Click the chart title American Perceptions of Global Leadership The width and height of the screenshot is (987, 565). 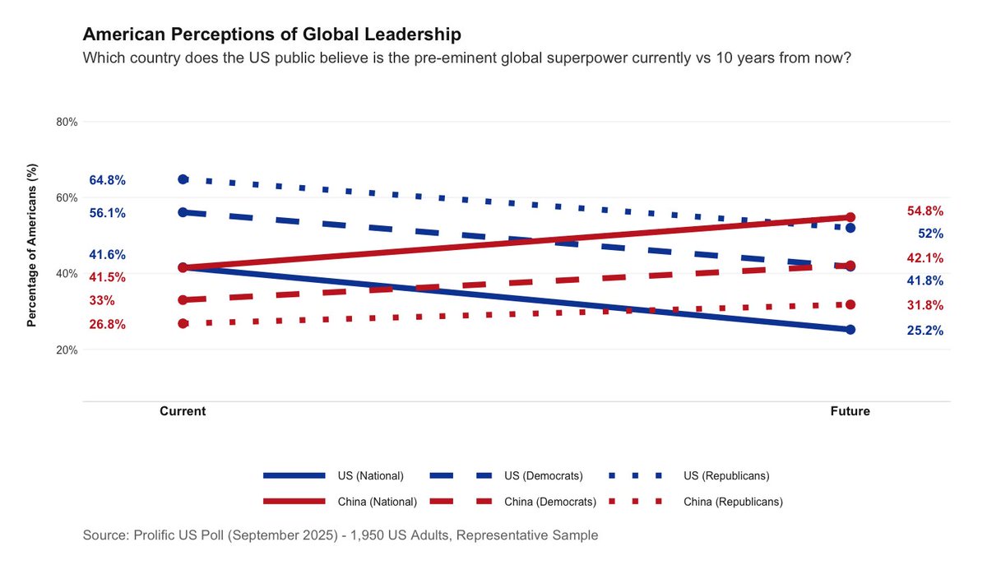point(271,35)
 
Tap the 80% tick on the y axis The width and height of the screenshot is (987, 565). point(66,122)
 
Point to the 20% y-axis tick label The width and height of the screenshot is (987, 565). point(66,350)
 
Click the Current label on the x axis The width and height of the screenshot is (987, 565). point(183,411)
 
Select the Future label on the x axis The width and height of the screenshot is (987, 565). point(850,411)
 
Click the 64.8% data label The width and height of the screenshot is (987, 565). point(107,180)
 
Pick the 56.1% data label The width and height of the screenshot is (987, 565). point(107,213)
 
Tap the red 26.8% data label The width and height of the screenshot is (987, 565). point(107,325)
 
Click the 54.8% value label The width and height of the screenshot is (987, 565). point(925,211)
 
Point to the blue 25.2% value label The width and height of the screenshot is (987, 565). point(925,331)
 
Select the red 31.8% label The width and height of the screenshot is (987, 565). point(925,305)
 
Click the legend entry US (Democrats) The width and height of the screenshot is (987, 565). point(543,476)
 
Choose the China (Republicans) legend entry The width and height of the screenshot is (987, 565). point(732,502)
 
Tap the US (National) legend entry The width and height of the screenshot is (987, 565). point(370,476)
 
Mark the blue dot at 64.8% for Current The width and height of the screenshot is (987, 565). point(183,179)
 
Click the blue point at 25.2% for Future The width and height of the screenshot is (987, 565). point(850,330)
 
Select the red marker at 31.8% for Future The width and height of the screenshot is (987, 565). point(850,304)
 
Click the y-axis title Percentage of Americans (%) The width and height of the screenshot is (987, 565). point(32,244)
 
